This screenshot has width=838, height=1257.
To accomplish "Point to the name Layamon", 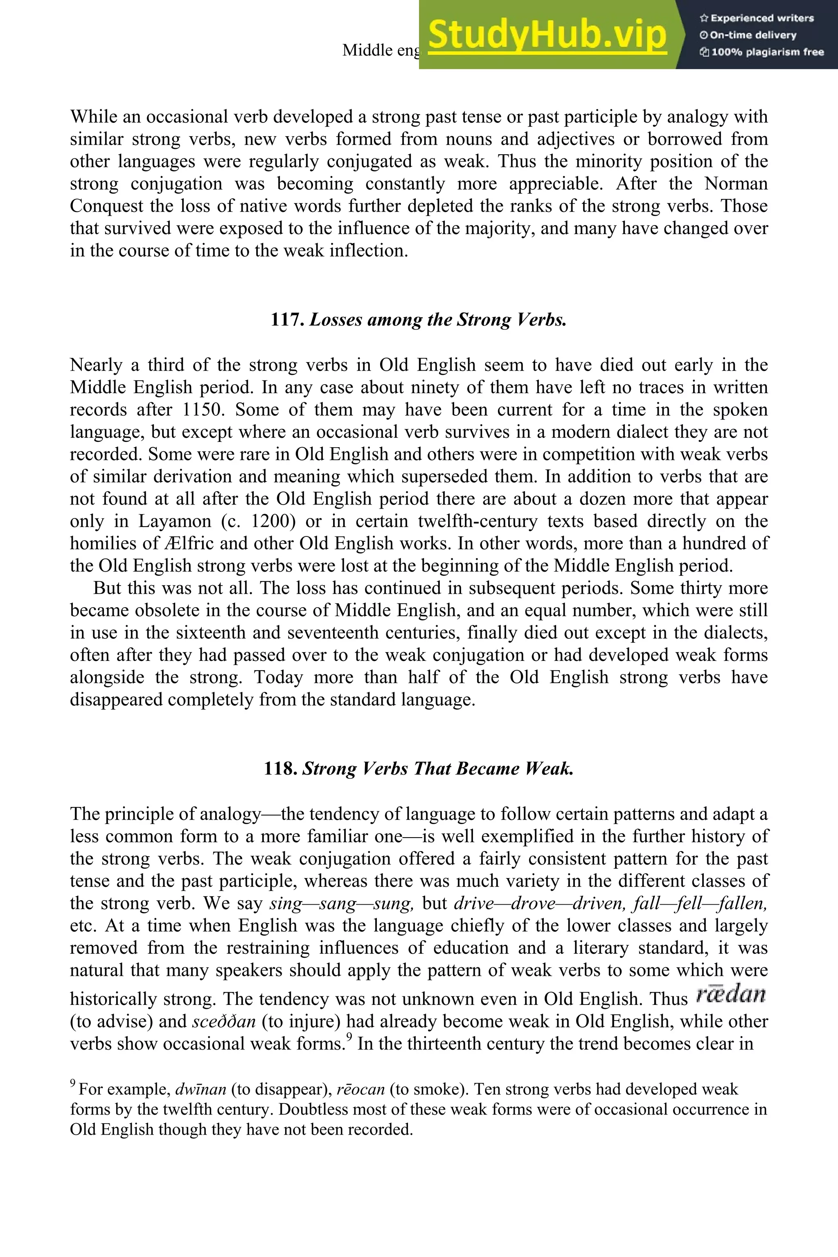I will click(173, 521).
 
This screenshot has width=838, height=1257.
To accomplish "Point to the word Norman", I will click(736, 184).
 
